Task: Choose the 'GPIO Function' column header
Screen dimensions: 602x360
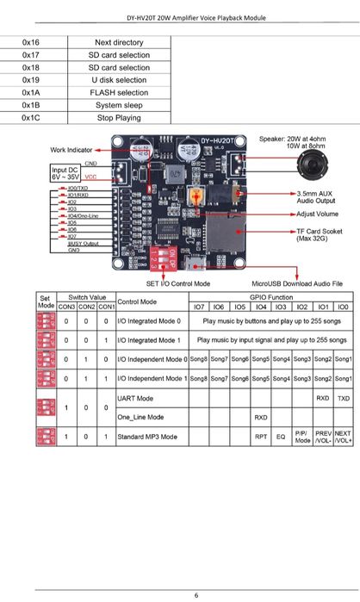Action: [270, 295]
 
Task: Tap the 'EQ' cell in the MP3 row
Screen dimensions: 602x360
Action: [281, 437]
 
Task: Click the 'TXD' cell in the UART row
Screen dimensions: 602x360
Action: [343, 400]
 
